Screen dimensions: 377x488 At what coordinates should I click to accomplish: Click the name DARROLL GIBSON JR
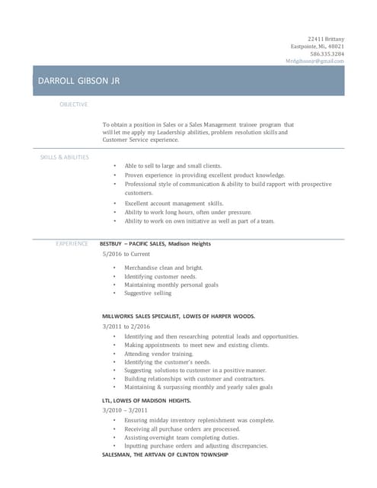(79, 81)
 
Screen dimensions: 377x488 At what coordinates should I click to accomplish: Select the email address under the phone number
(315, 62)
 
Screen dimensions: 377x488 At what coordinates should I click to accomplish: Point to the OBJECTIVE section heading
(74, 104)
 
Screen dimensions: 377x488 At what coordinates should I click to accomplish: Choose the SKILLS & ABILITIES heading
(64, 157)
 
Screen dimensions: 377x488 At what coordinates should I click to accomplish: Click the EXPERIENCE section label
(72, 243)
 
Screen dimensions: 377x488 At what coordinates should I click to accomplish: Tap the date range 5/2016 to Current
(126, 254)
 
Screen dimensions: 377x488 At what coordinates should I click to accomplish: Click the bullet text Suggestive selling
(148, 293)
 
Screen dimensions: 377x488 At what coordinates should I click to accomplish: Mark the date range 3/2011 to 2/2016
(127, 326)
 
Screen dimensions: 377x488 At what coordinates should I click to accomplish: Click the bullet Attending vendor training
(158, 354)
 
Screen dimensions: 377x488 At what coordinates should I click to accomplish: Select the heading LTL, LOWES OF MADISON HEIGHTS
(146, 400)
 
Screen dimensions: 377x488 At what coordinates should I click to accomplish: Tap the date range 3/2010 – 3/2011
(125, 410)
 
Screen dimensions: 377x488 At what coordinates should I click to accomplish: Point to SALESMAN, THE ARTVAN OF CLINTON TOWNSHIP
(165, 454)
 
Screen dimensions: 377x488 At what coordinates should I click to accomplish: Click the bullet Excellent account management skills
(174, 204)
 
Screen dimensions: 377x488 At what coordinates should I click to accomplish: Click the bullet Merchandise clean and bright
(163, 268)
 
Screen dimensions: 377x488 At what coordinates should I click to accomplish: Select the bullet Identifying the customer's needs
(167, 362)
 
